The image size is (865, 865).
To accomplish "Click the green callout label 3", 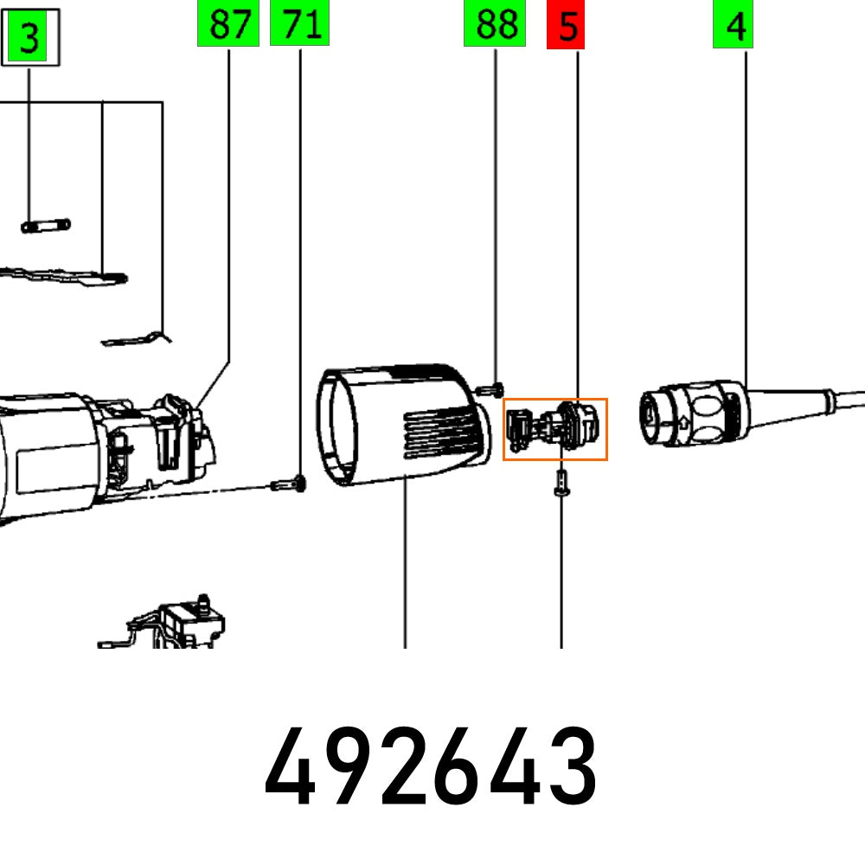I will [x=30, y=40].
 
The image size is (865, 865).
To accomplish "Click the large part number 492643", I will [x=431, y=766].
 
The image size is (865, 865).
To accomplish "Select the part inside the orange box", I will [x=554, y=429].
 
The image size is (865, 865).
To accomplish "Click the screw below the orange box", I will [x=561, y=481].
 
